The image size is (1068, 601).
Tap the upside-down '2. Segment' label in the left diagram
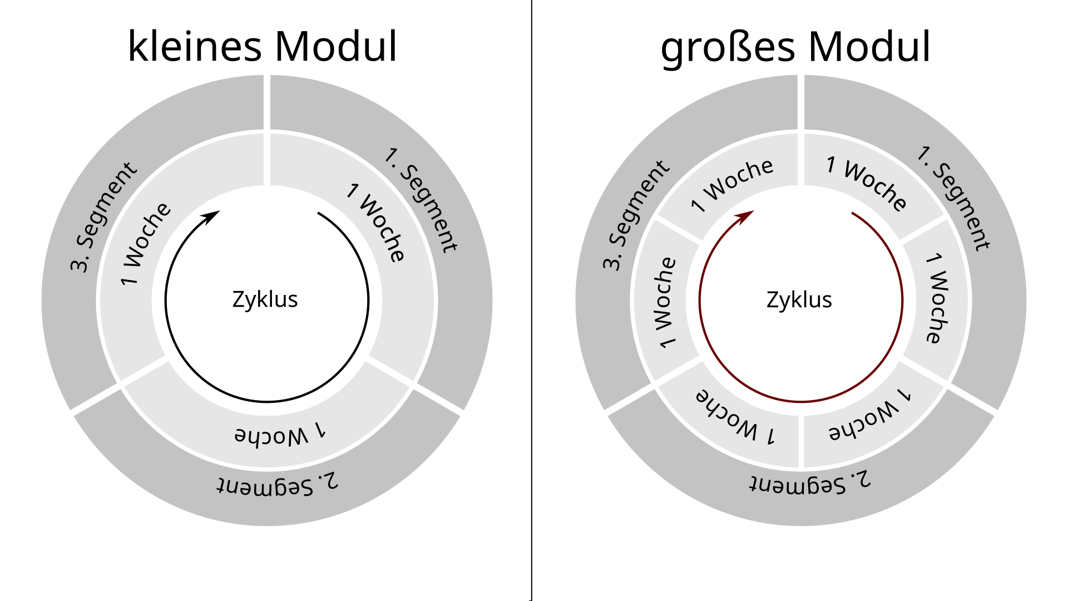click(x=277, y=484)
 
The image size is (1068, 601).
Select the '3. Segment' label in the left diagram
click(x=103, y=217)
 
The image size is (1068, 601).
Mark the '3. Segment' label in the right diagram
click(x=636, y=216)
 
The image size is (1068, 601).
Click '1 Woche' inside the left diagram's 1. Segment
click(x=375, y=223)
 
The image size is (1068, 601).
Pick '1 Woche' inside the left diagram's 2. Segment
click(x=280, y=434)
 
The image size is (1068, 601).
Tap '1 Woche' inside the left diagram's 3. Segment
click(x=146, y=244)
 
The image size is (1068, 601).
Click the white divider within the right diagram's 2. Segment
click(x=801, y=440)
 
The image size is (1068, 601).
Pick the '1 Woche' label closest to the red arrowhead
click(x=732, y=186)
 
